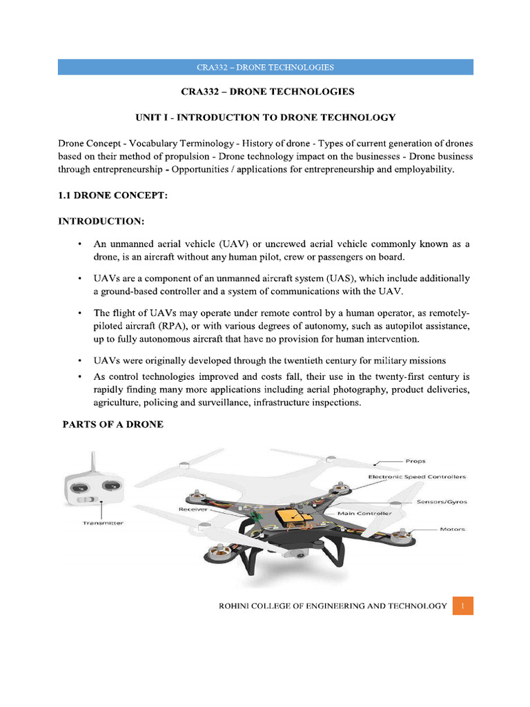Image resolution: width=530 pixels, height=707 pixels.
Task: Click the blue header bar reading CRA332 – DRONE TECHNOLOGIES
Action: (265, 67)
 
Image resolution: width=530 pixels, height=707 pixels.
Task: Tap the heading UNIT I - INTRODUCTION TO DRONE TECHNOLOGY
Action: (265, 117)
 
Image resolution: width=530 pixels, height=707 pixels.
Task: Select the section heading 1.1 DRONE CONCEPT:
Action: (112, 196)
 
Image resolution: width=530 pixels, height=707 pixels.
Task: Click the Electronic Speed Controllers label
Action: (417, 476)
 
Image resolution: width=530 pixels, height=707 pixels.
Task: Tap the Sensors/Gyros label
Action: (442, 502)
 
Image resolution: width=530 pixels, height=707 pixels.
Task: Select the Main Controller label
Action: (364, 514)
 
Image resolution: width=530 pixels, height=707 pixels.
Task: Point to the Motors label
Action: (452, 530)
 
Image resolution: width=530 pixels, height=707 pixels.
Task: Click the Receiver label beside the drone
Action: (193, 509)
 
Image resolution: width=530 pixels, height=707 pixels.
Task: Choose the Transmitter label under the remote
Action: (103, 523)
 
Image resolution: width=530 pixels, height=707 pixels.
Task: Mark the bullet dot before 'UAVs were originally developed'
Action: (81, 360)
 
